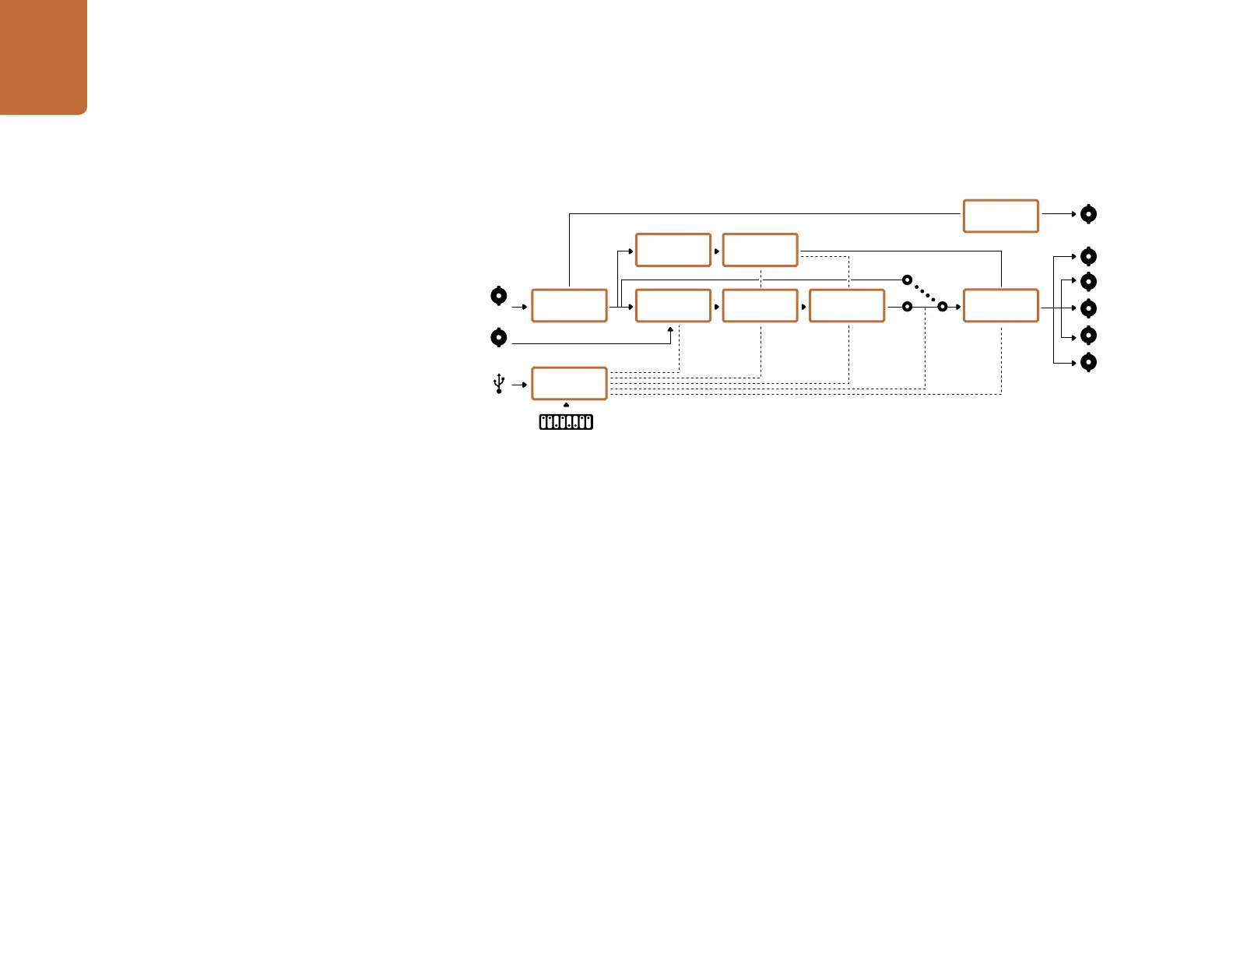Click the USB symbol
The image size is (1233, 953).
499,384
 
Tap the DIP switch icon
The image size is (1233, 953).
566,422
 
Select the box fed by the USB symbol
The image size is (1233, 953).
569,383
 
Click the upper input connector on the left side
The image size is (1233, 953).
499,296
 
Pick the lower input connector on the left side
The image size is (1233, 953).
499,338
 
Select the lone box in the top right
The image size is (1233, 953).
1000,216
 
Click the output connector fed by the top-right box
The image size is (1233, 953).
1089,214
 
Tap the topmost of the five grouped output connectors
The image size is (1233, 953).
1089,256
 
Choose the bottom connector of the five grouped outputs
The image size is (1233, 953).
1089,362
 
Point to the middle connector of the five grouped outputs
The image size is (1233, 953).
1089,308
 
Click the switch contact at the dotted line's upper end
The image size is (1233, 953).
907,280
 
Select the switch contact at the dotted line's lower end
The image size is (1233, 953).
942,307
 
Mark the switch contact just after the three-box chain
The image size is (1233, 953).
907,307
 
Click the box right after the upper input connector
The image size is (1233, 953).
569,305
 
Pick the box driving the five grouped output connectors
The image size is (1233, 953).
1000,305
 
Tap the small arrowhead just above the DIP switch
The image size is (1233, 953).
566,405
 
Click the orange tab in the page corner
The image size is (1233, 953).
43,57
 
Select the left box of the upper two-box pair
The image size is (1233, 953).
673,250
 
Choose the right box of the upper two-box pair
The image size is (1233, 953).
760,250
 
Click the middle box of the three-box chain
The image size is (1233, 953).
760,305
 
